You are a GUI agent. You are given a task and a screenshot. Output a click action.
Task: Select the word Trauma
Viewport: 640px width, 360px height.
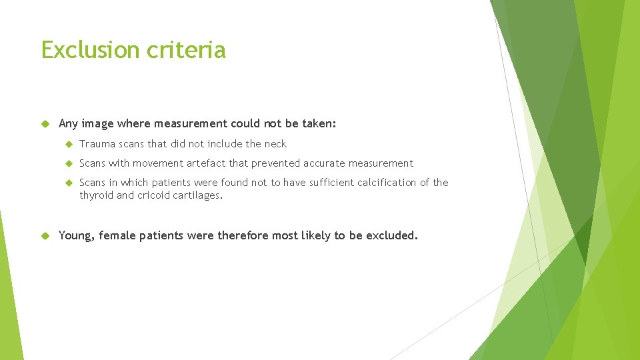pos(97,144)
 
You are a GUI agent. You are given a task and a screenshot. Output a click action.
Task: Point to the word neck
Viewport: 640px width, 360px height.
pos(275,144)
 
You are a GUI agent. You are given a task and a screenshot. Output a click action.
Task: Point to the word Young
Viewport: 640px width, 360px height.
pos(77,235)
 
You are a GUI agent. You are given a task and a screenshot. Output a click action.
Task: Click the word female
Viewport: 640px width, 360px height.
pos(118,235)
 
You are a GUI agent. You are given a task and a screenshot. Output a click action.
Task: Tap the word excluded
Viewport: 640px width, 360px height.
pos(392,235)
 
